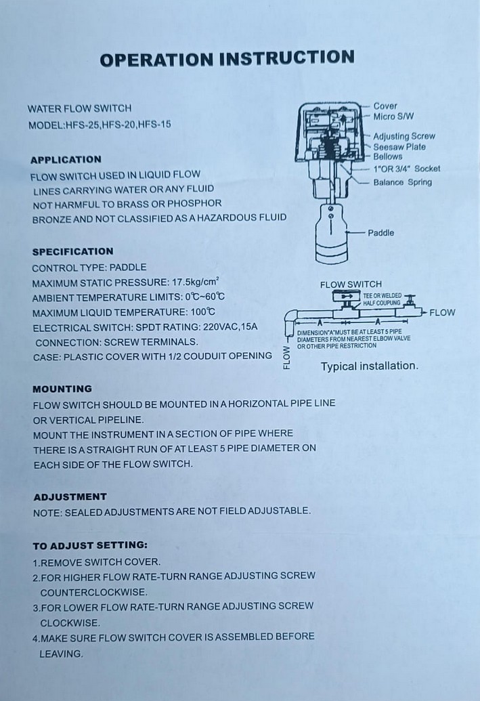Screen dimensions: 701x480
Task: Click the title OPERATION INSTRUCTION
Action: tap(227, 58)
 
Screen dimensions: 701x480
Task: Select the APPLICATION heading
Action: tap(66, 160)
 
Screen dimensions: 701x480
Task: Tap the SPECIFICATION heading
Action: tap(72, 252)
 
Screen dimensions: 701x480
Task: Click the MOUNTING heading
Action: tap(62, 389)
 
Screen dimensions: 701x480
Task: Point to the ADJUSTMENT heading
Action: tap(70, 496)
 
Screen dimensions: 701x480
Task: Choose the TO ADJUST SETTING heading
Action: tap(89, 545)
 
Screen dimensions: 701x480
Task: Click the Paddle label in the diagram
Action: tap(380, 233)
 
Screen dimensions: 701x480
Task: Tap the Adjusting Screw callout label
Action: tap(403, 136)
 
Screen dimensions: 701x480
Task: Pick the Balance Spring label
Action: tap(402, 182)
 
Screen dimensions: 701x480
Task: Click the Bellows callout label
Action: tap(387, 156)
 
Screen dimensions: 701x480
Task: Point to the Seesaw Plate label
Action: tap(399, 146)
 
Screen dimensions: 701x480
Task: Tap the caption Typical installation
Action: tap(369, 366)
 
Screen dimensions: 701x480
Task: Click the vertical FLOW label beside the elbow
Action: tap(286, 357)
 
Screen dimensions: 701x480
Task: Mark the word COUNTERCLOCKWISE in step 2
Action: tap(79, 591)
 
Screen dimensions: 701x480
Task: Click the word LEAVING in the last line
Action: tap(61, 654)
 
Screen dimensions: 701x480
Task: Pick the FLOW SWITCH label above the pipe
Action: tap(351, 284)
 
